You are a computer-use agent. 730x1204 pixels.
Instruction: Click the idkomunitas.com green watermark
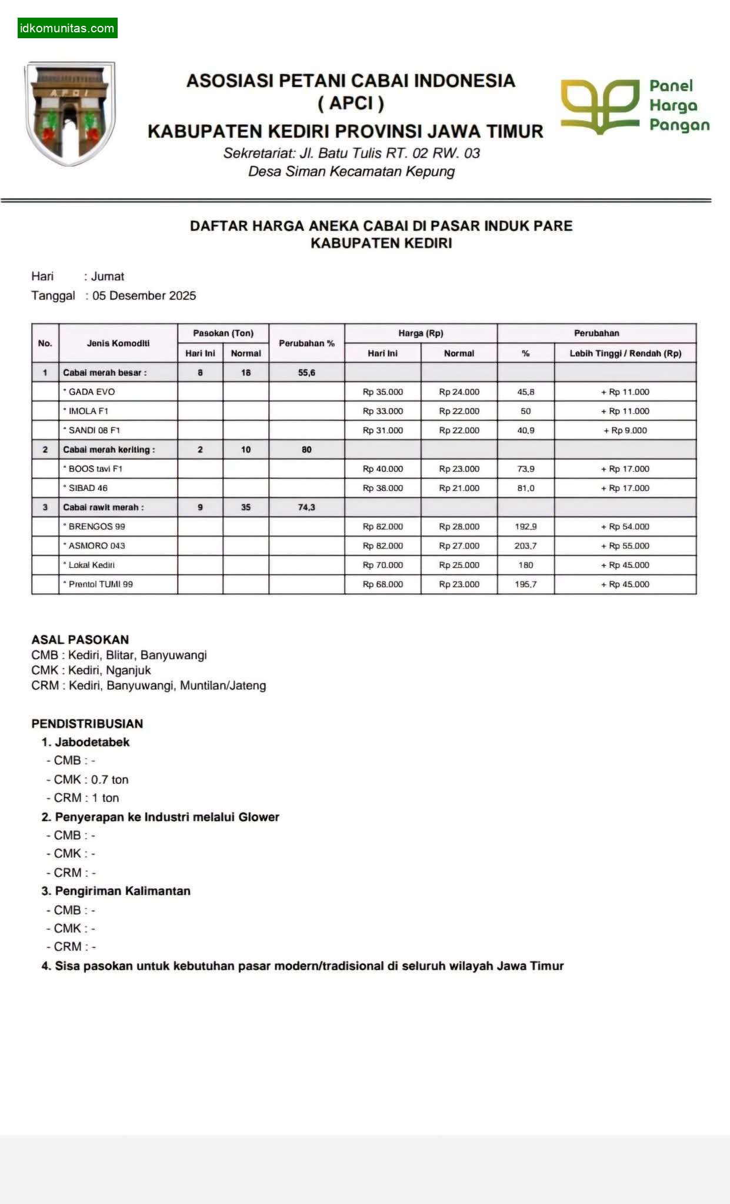click(x=67, y=28)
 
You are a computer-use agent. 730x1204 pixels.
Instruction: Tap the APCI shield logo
click(x=70, y=113)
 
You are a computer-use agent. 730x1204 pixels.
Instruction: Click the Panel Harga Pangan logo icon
click(x=599, y=106)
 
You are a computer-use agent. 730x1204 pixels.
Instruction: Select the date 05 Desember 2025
click(x=144, y=296)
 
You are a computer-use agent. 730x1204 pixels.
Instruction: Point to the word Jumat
click(x=108, y=276)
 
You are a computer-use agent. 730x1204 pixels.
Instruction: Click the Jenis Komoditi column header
click(x=118, y=343)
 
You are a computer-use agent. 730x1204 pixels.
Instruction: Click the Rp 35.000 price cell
click(x=383, y=392)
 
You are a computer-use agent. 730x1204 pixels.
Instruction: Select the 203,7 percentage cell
click(x=525, y=546)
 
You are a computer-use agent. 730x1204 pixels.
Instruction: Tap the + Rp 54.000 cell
click(x=625, y=527)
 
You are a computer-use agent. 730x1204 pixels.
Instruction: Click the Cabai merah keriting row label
click(x=109, y=450)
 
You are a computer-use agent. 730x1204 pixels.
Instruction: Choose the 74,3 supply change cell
click(x=306, y=507)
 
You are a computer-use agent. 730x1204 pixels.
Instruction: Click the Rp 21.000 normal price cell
click(x=459, y=489)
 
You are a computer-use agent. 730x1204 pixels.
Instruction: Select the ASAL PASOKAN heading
click(x=80, y=640)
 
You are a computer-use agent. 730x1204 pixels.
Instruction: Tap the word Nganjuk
click(x=128, y=670)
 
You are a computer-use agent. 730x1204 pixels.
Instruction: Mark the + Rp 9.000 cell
click(x=625, y=431)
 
